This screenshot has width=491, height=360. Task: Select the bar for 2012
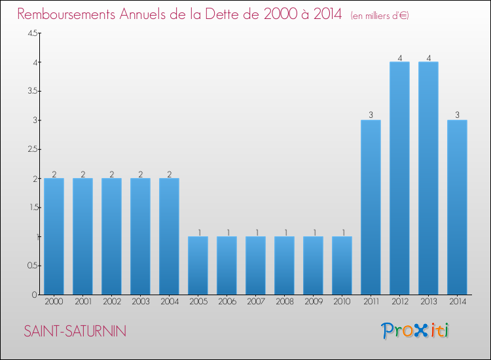coord(399,178)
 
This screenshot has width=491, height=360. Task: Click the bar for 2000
coord(54,236)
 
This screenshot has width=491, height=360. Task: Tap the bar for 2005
coord(198,265)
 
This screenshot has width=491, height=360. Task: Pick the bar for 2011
coord(371,207)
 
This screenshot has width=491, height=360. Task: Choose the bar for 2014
coord(457,207)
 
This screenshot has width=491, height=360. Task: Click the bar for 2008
coord(284,265)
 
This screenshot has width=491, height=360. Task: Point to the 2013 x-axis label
coord(428,302)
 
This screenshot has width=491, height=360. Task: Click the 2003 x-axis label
coord(140,302)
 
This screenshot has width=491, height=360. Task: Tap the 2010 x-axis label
coord(342,302)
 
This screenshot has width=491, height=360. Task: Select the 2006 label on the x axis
coord(227,302)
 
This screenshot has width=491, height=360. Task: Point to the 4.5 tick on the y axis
coord(32,33)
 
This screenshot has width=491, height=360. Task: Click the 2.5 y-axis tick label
coord(32,150)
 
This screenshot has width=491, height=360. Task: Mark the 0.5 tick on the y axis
coord(32,266)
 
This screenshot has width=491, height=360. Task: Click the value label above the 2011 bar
coord(371,115)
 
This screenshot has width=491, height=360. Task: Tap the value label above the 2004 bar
coord(169,174)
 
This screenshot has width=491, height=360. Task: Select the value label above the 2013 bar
coord(428,58)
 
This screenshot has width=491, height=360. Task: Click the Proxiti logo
coord(416,331)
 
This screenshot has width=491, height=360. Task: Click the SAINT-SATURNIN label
coord(75,331)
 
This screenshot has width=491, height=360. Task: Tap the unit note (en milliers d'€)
coord(380,16)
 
